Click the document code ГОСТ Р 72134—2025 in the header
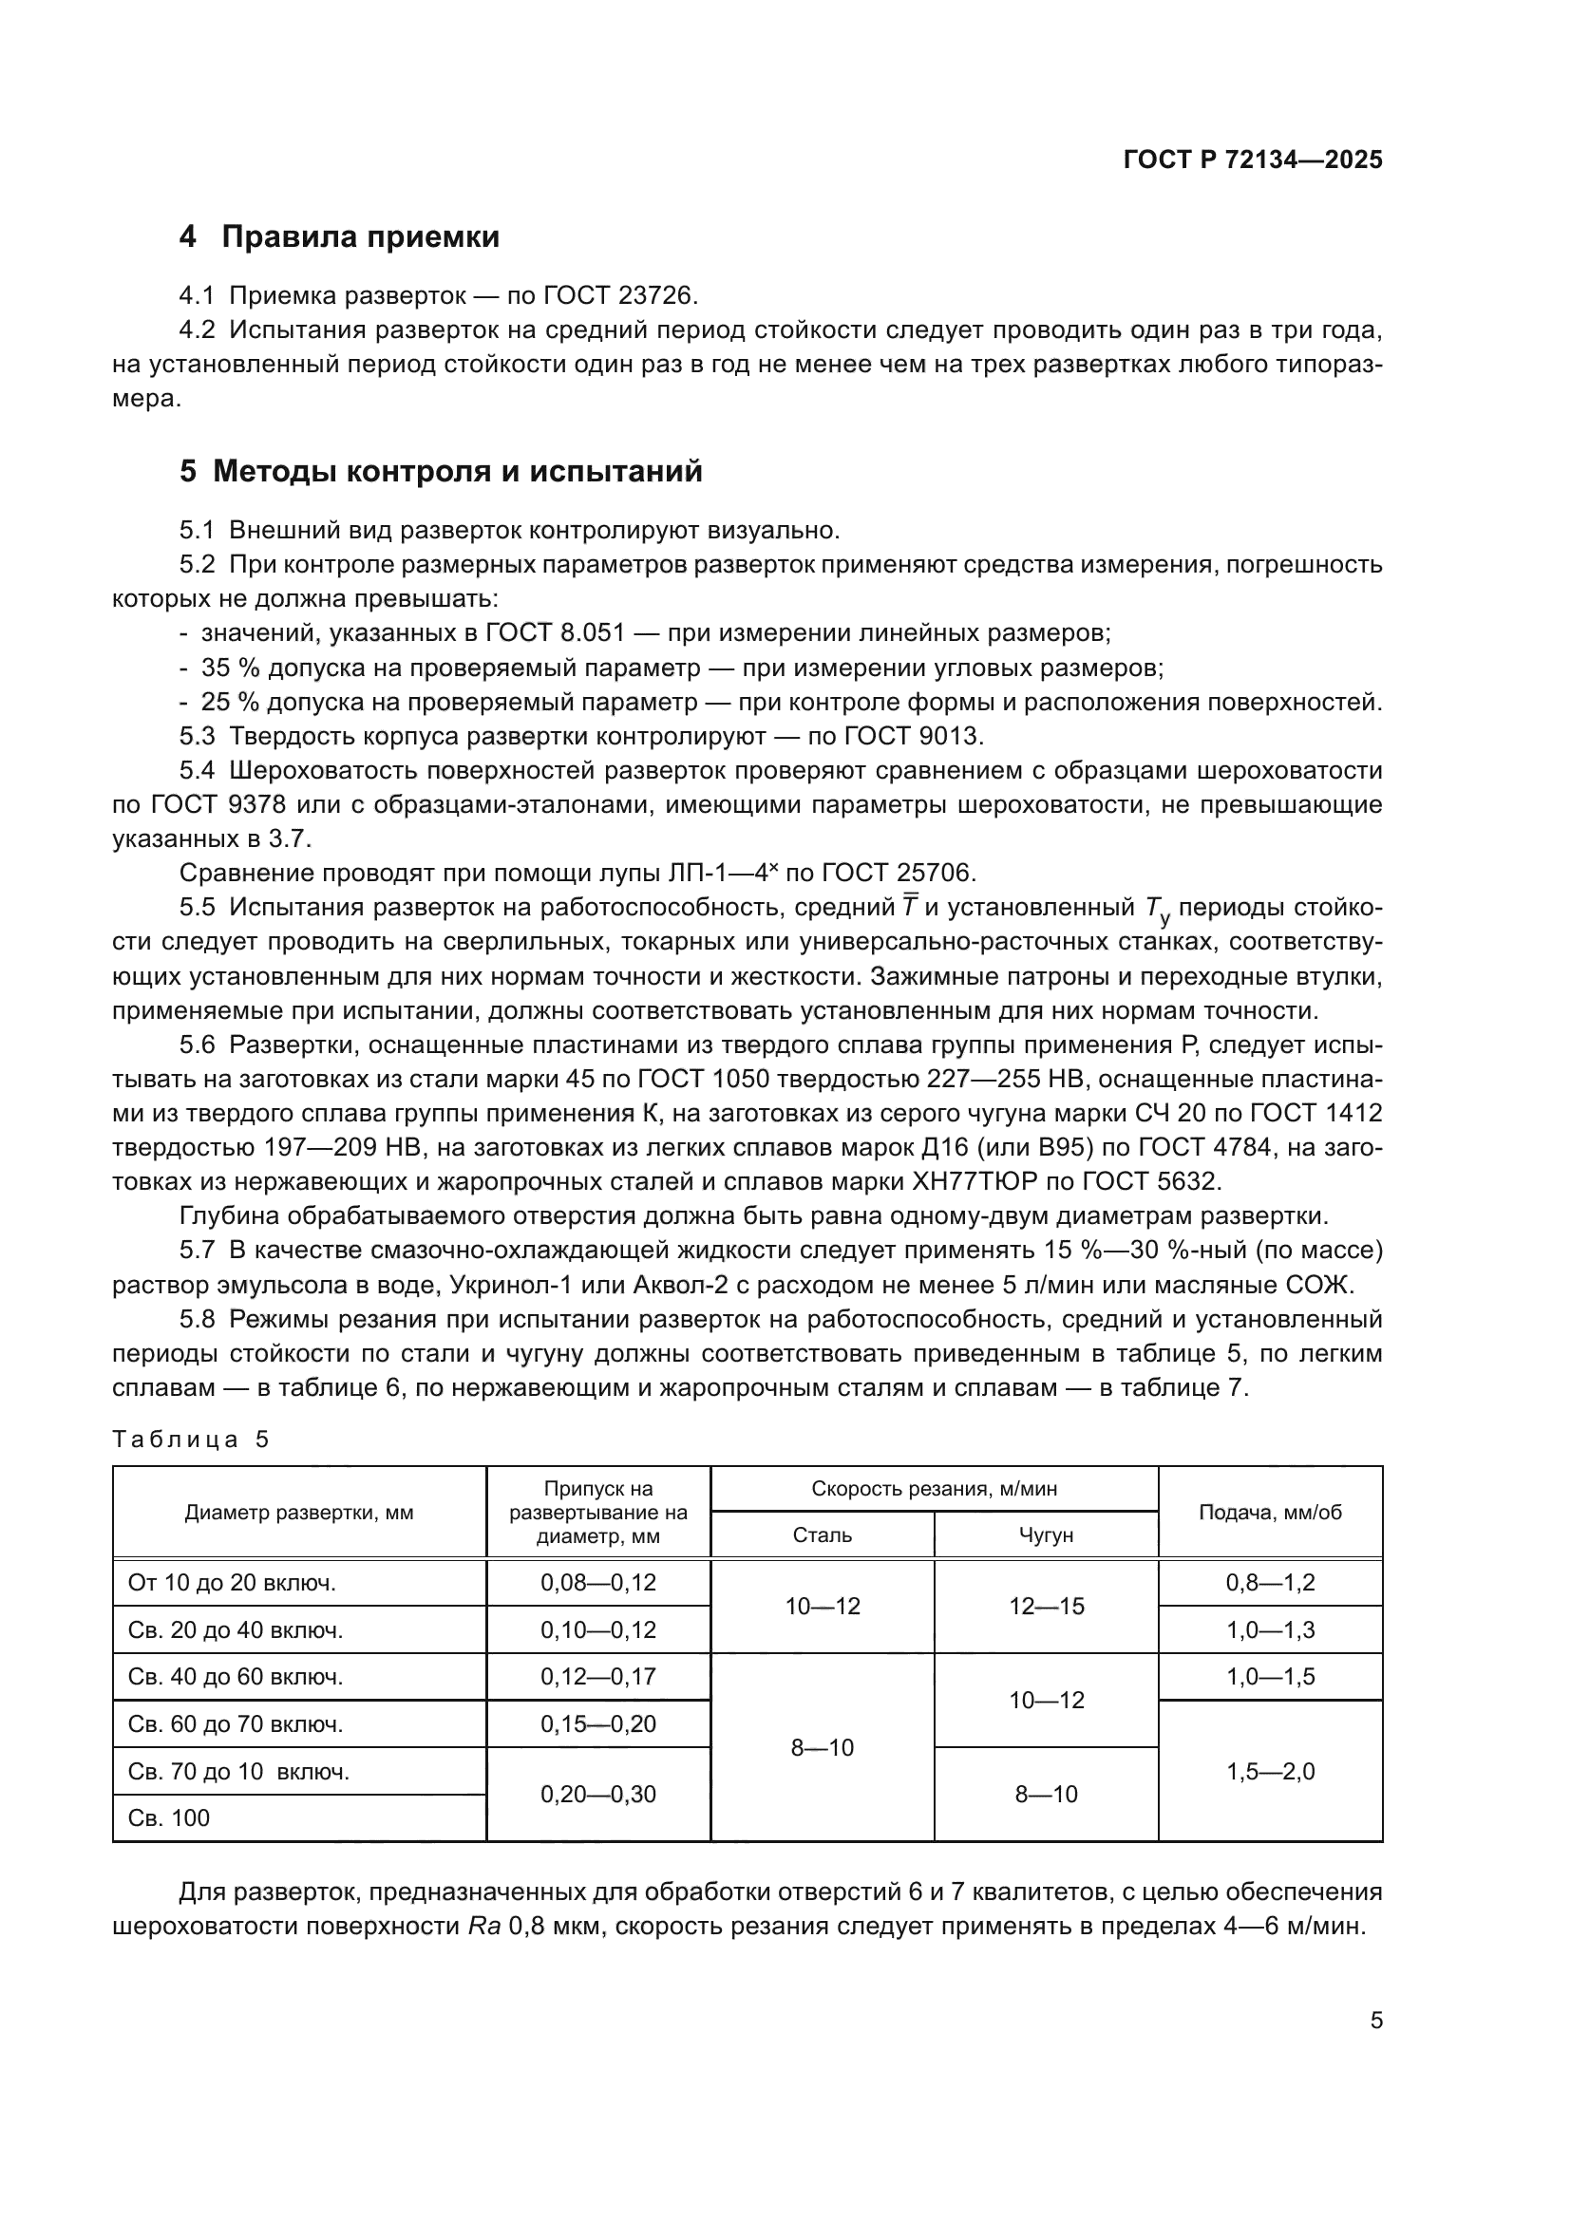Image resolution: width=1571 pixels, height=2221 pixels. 1253,160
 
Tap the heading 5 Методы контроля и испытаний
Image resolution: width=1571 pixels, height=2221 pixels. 440,472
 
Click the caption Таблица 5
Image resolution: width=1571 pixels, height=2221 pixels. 191,1440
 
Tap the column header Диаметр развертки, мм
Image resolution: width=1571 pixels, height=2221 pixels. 299,1513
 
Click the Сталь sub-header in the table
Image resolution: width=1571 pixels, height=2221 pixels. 823,1535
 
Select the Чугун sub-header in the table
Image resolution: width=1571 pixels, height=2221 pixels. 1046,1535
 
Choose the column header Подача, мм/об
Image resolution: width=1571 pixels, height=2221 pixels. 1270,1513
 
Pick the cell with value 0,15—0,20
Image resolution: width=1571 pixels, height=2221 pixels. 597,1723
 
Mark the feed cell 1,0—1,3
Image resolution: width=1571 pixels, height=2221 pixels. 1270,1630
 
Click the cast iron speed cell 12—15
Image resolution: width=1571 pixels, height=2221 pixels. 1046,1607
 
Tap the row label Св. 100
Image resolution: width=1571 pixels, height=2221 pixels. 169,1817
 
